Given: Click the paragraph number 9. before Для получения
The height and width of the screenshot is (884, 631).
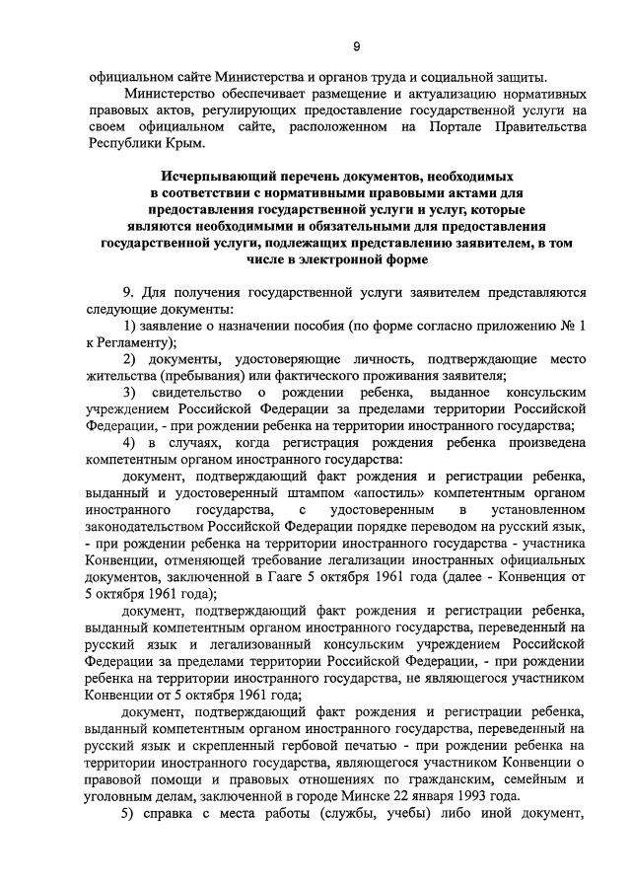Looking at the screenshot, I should tap(129, 292).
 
